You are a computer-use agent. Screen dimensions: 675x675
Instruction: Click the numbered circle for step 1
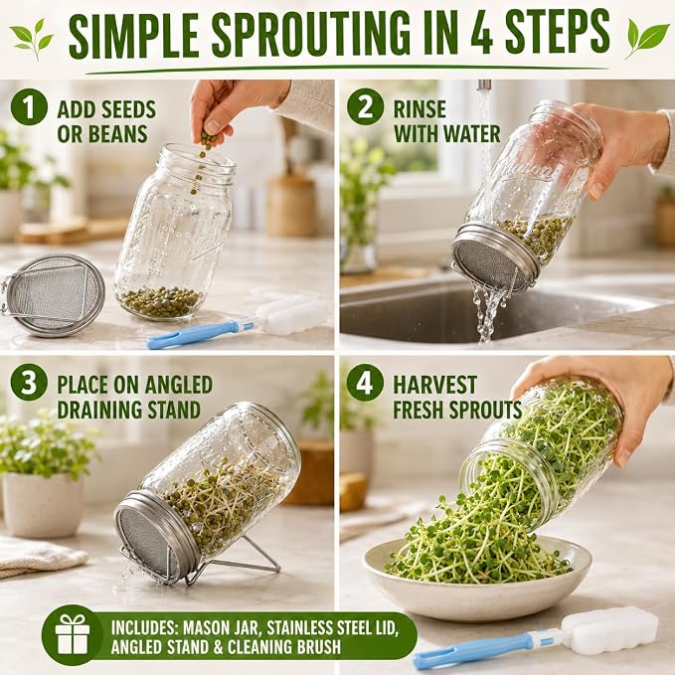click(29, 107)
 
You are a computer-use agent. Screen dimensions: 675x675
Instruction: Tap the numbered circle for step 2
click(365, 107)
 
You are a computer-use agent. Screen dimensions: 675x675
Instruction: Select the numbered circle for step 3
click(29, 383)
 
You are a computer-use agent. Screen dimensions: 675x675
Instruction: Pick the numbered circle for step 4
click(365, 383)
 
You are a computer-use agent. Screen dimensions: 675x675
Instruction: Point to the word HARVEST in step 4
click(434, 385)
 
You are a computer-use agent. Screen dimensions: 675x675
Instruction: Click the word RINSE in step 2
click(420, 109)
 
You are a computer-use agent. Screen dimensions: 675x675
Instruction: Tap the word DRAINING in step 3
click(106, 410)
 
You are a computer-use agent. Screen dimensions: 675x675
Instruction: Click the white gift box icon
click(73, 634)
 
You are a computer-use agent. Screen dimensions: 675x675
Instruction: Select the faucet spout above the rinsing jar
click(484, 84)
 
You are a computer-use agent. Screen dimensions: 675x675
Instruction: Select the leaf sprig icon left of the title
click(32, 39)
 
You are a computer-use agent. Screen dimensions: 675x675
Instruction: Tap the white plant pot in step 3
click(42, 505)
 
